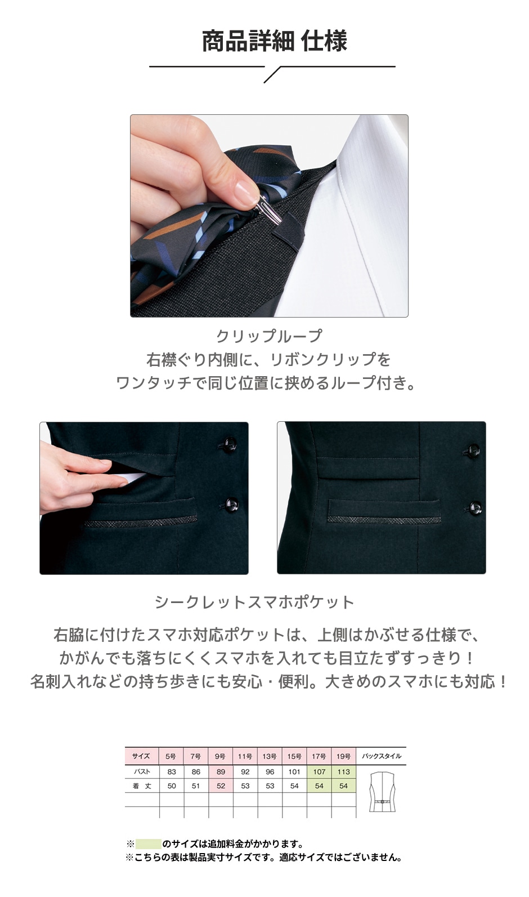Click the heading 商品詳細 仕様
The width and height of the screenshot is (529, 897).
pos(274,42)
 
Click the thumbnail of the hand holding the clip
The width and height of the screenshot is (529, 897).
pos(269,216)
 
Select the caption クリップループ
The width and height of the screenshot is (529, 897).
pos(269,336)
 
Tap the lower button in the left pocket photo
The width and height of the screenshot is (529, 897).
pos(231,503)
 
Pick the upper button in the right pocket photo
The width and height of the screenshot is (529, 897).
pos(473,450)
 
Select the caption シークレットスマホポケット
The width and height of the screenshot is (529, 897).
pos(254,602)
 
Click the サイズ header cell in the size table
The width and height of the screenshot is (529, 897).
pos(141,756)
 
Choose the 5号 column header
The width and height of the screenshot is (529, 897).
pos(171,756)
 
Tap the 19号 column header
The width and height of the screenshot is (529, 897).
pos(343,756)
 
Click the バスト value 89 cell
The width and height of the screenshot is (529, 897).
pos(221,771)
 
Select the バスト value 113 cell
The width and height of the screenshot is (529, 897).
pos(343,771)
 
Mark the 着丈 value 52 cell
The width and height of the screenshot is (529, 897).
pos(221,786)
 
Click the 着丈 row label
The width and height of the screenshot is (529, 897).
pos(141,786)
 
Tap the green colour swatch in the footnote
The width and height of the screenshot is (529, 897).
pos(149,844)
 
